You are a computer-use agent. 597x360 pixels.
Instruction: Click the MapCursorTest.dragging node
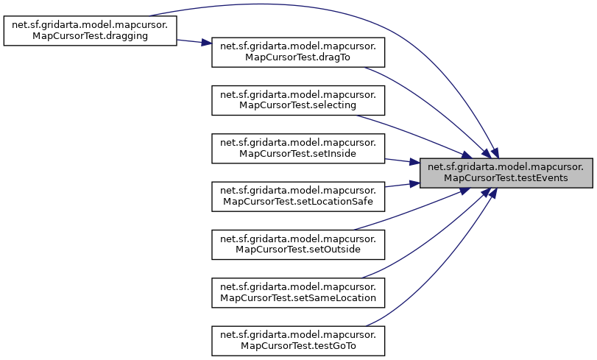[90, 30]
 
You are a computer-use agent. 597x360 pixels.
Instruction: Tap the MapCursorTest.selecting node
[298, 99]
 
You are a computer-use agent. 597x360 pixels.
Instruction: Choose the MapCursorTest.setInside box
[298, 149]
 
